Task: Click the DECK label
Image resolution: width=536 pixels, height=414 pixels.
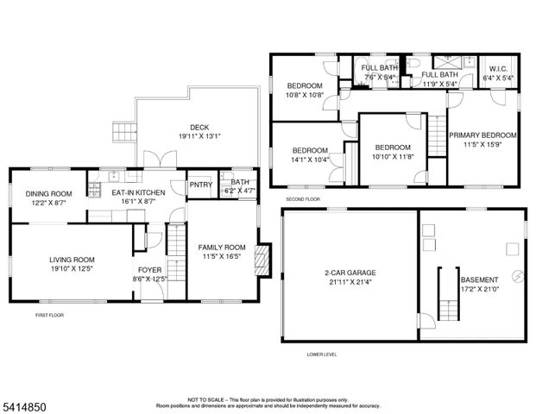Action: (199, 127)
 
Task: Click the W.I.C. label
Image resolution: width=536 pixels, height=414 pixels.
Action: (501, 70)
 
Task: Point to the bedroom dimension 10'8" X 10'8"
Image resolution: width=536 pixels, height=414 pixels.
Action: (305, 95)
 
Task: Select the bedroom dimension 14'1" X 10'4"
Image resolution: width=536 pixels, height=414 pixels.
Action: (309, 159)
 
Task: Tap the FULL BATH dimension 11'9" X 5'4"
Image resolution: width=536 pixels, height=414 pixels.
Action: (438, 85)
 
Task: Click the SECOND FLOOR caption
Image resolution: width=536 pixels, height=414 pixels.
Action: (303, 199)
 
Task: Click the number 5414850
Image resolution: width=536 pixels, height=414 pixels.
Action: (25, 404)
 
